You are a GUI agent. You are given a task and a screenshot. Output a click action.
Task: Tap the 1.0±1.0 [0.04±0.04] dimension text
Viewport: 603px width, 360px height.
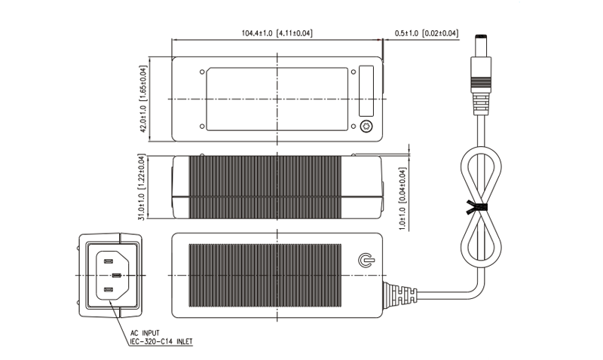[403, 199]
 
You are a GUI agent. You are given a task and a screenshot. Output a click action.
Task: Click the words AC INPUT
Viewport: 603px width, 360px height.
[145, 333]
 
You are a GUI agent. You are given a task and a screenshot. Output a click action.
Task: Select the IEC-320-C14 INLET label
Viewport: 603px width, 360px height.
[161, 341]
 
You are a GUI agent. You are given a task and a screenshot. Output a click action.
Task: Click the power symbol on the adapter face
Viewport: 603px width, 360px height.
[366, 260]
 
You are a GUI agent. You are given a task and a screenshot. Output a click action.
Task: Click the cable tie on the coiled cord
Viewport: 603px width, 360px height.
[476, 207]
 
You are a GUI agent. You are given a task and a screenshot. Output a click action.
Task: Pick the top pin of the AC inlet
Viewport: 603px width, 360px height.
[108, 261]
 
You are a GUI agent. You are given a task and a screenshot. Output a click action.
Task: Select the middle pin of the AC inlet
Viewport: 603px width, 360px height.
[117, 275]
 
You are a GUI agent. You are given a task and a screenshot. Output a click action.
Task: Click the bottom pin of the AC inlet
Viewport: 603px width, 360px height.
[108, 289]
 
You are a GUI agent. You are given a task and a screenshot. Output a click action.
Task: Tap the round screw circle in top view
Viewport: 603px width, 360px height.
[366, 126]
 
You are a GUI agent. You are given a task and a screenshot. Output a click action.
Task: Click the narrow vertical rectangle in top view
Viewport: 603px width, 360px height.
[366, 91]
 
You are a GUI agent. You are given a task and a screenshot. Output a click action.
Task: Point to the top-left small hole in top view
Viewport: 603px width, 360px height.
[202, 72]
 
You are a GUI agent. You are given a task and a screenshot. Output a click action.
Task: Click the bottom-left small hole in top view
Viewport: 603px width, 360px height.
[202, 126]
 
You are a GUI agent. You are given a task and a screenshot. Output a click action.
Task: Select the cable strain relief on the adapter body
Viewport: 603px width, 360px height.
[400, 295]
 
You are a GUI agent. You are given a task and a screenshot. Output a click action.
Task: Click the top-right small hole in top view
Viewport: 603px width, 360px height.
[354, 72]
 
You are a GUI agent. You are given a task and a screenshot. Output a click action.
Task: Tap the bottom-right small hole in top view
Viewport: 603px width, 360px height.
[354, 126]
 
